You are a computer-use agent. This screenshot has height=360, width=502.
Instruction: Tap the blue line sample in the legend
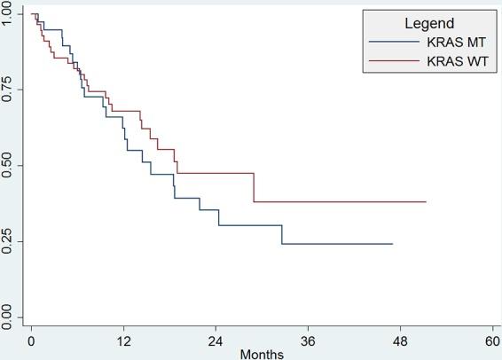pyautogui.click(x=394, y=41)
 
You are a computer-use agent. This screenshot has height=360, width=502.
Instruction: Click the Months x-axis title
pyautogui.click(x=262, y=354)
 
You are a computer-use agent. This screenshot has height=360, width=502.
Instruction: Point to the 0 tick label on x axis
pyautogui.click(x=31, y=340)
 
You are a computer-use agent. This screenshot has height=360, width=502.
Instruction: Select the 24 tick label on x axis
pyautogui.click(x=216, y=340)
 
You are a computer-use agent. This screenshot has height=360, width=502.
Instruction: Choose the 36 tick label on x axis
pyautogui.click(x=308, y=340)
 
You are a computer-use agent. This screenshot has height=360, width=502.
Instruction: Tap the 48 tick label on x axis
pyautogui.click(x=400, y=340)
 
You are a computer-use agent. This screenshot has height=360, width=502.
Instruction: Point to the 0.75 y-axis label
pyautogui.click(x=8, y=90)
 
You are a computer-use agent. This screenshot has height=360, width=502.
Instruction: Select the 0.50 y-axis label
pyautogui.click(x=8, y=166)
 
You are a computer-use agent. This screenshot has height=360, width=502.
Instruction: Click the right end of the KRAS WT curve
pyautogui.click(x=426, y=202)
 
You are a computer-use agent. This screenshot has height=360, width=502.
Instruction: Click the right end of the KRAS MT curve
pyautogui.click(x=392, y=244)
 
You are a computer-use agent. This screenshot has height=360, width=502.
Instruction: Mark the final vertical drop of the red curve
pyautogui.click(x=255, y=188)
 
